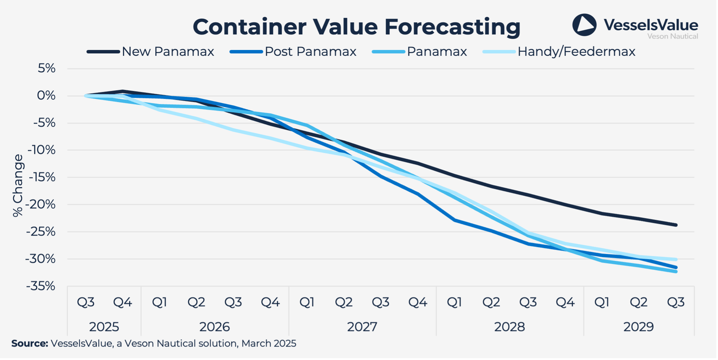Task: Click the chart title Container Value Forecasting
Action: tap(356, 27)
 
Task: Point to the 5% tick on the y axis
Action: tap(46, 68)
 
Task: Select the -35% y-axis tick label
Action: tap(41, 286)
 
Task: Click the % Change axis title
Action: tap(18, 185)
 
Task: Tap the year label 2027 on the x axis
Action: tap(362, 327)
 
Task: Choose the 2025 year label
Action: tap(104, 327)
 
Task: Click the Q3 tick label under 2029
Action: tap(676, 302)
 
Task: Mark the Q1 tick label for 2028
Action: tap(454, 302)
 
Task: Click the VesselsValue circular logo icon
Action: tap(584, 25)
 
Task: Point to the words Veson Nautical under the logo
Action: tap(672, 37)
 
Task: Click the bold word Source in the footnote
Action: tap(30, 343)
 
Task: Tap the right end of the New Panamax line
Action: tap(676, 225)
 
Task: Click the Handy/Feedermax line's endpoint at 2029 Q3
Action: tap(676, 259)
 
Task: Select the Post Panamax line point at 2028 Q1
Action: tap(455, 220)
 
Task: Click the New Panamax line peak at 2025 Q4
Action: tap(123, 91)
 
